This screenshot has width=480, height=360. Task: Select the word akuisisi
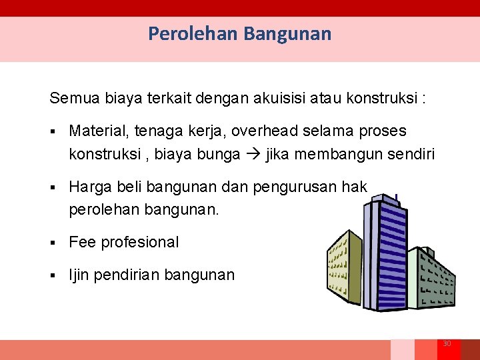280,99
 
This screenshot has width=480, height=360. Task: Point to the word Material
97,131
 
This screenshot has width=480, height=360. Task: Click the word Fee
82,242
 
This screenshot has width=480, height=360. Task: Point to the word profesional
140,242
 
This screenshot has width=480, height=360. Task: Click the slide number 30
447,343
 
